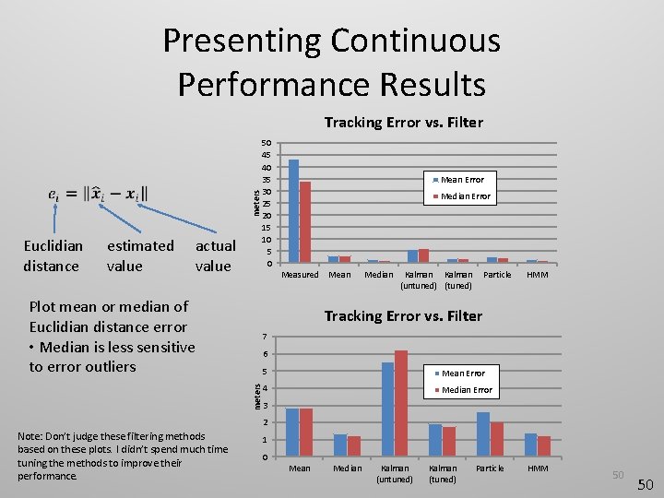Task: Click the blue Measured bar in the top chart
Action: [x=293, y=211]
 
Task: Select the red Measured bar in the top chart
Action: [x=305, y=222]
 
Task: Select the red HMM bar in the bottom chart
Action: [x=544, y=446]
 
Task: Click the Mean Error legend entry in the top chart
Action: [x=461, y=180]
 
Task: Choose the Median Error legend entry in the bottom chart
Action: [x=467, y=390]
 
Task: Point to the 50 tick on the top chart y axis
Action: [x=266, y=143]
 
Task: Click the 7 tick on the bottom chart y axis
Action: [x=265, y=336]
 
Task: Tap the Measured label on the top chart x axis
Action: [x=300, y=275]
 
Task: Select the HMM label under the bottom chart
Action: [x=538, y=468]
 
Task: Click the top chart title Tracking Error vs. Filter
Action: [x=403, y=123]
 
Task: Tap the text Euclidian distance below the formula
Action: [x=52, y=256]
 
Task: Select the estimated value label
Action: [x=139, y=256]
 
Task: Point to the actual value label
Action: [x=215, y=256]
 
